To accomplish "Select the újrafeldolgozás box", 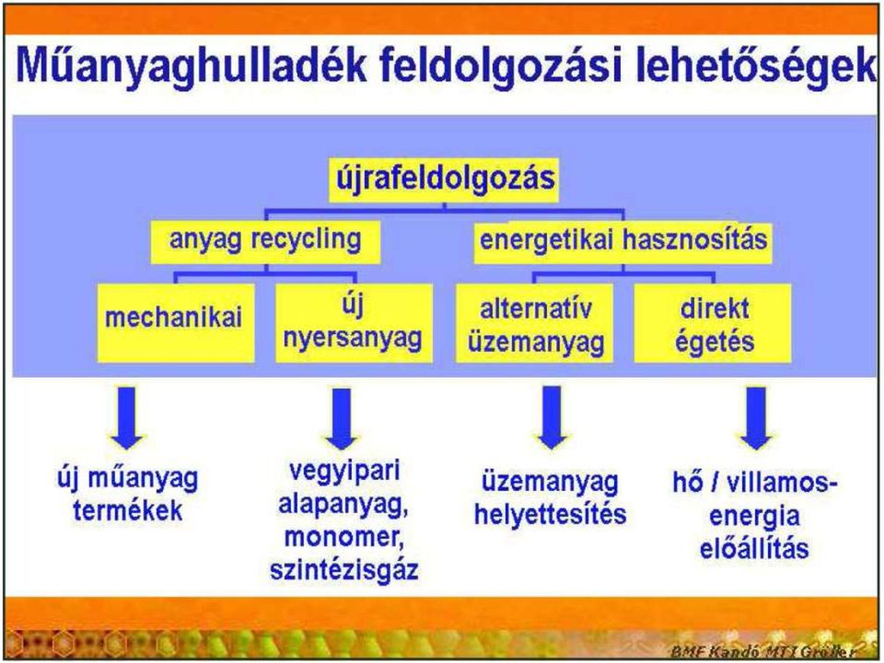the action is pyautogui.click(x=444, y=180).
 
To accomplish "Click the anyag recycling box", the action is pyautogui.click(x=265, y=242).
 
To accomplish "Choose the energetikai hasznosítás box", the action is pyautogui.click(x=623, y=242).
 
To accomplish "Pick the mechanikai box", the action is pyautogui.click(x=175, y=323).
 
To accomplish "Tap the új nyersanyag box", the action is pyautogui.click(x=354, y=323).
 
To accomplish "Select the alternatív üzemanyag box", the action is pyautogui.click(x=534, y=323).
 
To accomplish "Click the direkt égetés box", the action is pyautogui.click(x=713, y=323).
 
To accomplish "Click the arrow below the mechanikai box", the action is pyautogui.click(x=127, y=418).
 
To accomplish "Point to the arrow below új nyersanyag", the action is pyautogui.click(x=342, y=419).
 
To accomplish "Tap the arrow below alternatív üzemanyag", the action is pyautogui.click(x=552, y=418).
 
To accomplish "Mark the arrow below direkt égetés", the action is pyautogui.click(x=756, y=418).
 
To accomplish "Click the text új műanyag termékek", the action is pyautogui.click(x=128, y=495).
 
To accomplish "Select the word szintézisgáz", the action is pyautogui.click(x=343, y=569).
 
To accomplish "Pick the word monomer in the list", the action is pyautogui.click(x=343, y=536).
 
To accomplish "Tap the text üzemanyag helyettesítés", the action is pyautogui.click(x=551, y=498).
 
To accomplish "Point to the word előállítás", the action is pyautogui.click(x=754, y=547).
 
